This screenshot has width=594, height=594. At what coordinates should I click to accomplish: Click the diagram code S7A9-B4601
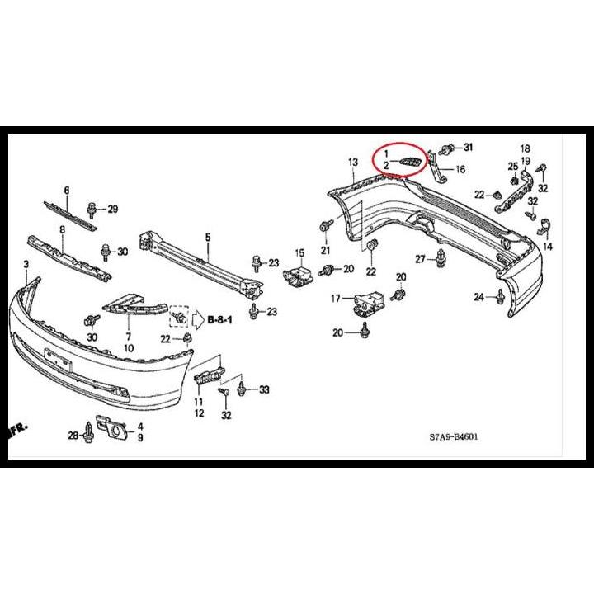pos(454,436)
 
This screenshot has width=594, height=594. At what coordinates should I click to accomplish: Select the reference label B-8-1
pos(219,320)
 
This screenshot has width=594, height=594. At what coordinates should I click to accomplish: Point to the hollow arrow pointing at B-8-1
pos(198,320)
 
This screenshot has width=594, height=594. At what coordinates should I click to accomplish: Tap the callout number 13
pos(353,163)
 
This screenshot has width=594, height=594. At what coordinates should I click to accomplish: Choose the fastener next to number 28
pos(88,432)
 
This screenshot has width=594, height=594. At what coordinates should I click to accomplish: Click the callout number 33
pos(264,389)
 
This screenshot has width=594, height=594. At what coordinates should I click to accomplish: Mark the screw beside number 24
pos(501,297)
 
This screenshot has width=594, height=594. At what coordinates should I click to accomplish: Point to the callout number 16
pos(460,169)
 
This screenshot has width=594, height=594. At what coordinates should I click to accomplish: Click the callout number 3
pos(26,265)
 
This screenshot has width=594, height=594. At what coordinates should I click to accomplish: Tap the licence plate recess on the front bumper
pos(58,360)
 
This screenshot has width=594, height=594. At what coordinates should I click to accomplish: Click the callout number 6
pos(67,191)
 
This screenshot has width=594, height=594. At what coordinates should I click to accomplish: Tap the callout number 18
pos(525,148)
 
